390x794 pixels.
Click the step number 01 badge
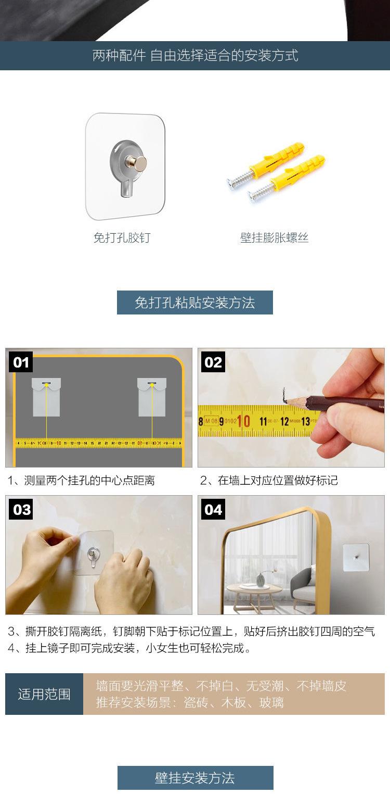point(20,362)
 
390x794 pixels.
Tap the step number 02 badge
point(213,362)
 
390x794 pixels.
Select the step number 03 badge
point(20,509)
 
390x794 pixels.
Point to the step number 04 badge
point(213,509)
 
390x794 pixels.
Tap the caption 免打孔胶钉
point(122,237)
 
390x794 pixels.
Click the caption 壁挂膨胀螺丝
point(274,237)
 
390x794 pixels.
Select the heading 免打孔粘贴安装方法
point(194,303)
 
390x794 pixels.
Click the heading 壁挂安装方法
point(195,778)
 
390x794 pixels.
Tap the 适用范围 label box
point(44,694)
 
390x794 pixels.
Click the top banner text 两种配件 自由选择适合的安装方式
point(196,55)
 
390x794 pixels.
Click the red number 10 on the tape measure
point(243,421)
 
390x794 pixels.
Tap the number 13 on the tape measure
point(305,421)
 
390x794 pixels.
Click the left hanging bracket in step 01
point(46,397)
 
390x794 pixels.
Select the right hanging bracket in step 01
point(152,397)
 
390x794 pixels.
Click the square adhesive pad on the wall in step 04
point(356,558)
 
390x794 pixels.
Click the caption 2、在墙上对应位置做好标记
point(269,480)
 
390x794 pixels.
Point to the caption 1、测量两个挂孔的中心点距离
point(81,480)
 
